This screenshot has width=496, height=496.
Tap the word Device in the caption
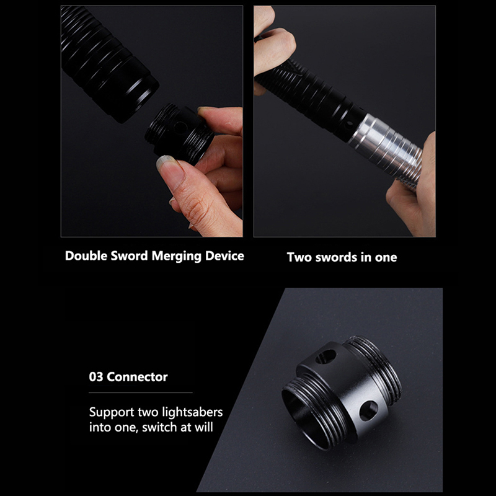pyautogui.click(x=224, y=256)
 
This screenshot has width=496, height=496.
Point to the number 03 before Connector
pyautogui.click(x=96, y=377)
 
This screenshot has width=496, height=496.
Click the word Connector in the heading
pyautogui.click(x=137, y=377)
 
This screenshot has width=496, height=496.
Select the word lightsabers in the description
pyautogui.click(x=192, y=412)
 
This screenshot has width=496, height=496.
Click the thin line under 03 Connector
pyautogui.click(x=141, y=392)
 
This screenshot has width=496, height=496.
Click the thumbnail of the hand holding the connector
pyautogui.click(x=152, y=121)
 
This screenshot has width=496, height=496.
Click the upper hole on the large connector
pyautogui.click(x=326, y=357)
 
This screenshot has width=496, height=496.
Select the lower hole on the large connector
pyautogui.click(x=369, y=410)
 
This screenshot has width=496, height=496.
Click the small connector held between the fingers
pyautogui.click(x=179, y=133)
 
